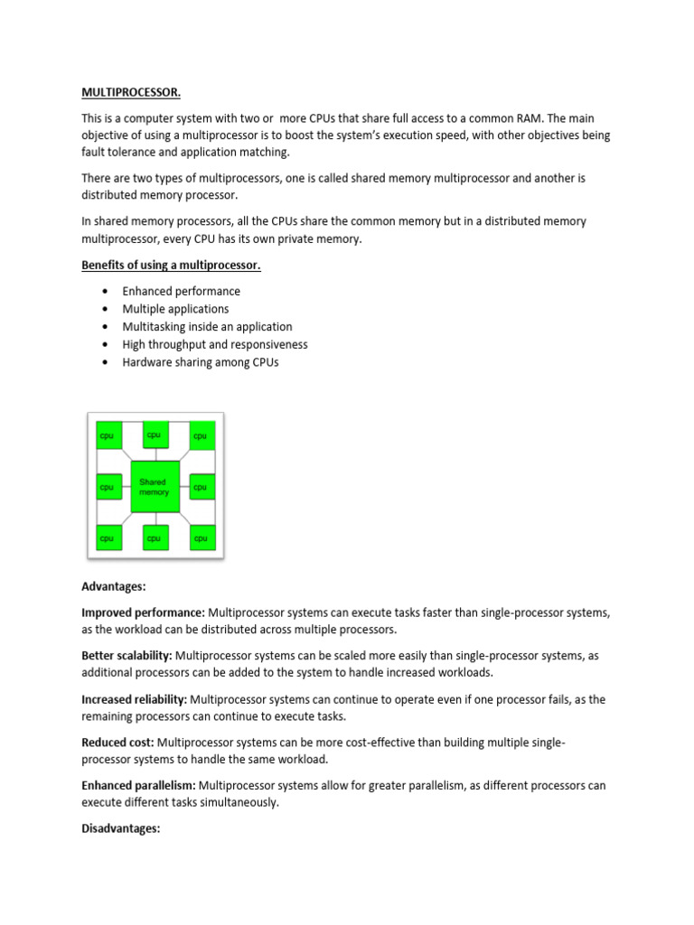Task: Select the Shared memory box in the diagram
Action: coord(155,487)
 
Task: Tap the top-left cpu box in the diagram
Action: coord(107,435)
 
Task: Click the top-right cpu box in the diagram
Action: coord(202,435)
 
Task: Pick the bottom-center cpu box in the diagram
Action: coord(155,537)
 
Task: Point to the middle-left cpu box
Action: coord(107,487)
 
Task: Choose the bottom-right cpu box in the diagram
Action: coord(202,537)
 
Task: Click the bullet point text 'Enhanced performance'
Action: coord(181,291)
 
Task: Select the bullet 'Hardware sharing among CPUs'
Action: coord(201,362)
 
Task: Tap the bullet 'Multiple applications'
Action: coord(175,309)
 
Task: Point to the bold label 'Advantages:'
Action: coord(113,586)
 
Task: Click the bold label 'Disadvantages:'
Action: coord(121,827)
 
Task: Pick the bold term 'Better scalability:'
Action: coord(127,656)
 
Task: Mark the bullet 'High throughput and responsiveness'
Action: coord(215,344)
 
